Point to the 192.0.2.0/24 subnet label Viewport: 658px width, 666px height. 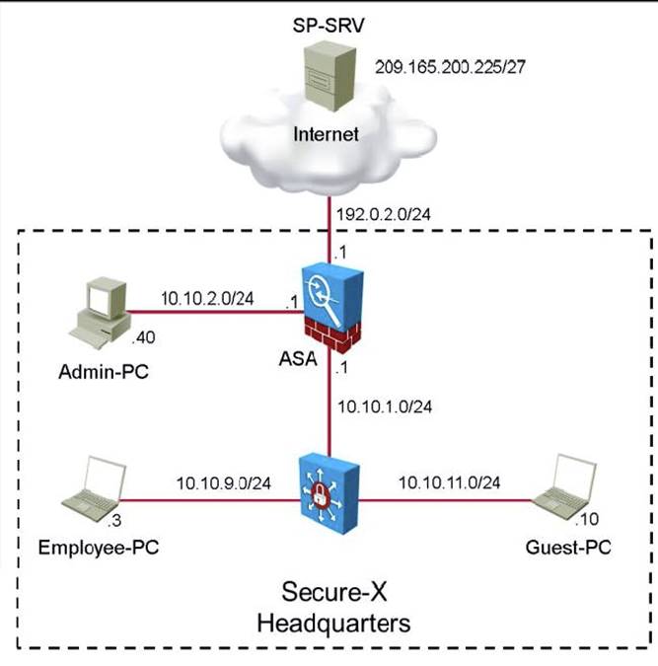tap(384, 212)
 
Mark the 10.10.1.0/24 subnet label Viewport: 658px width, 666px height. tap(384, 407)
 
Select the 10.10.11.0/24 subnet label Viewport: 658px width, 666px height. tap(449, 482)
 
